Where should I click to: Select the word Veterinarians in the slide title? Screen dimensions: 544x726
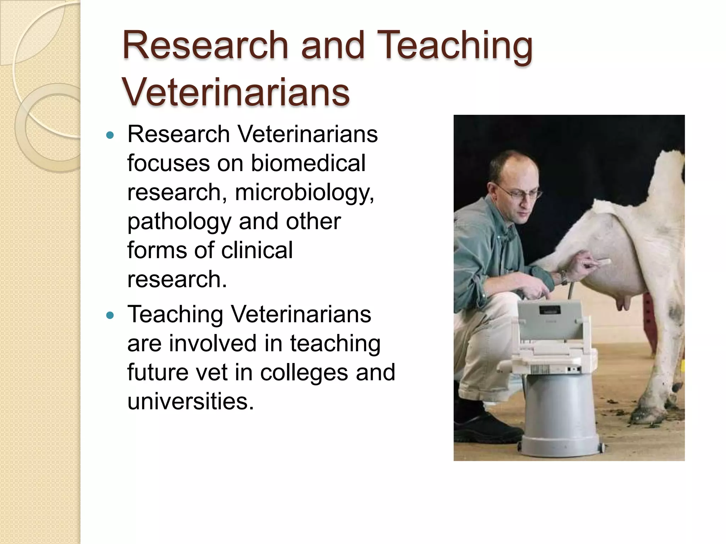click(236, 92)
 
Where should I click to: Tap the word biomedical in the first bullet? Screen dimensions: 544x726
click(308, 163)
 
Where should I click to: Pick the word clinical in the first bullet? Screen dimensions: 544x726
click(257, 250)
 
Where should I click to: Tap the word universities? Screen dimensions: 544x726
click(190, 402)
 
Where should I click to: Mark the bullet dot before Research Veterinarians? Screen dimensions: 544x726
click(111, 135)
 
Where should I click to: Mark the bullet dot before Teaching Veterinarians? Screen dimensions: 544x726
click(111, 315)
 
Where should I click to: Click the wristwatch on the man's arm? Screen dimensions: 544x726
click(564, 278)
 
